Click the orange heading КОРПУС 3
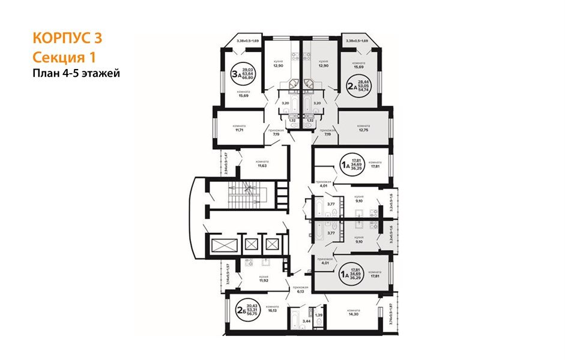[67, 38]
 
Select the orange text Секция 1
[63, 57]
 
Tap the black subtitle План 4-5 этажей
[76, 74]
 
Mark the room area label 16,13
[273, 310]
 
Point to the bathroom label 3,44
[306, 322]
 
